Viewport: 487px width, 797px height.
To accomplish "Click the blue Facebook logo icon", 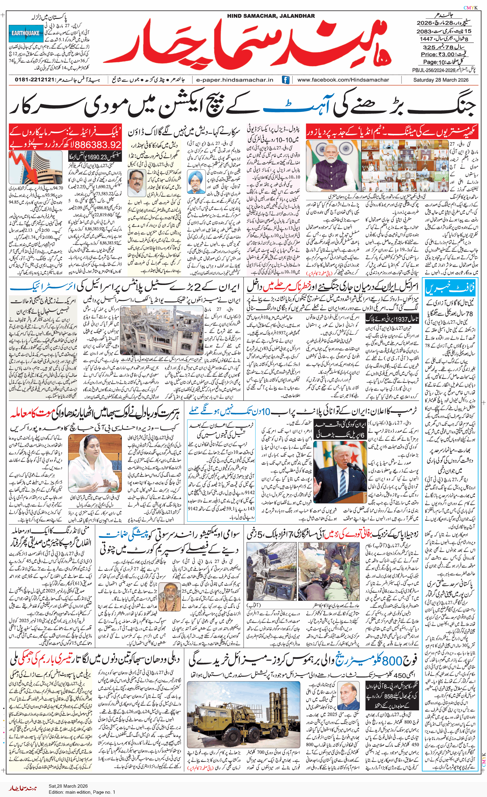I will [285, 79].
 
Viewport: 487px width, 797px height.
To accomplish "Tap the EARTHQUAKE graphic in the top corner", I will [26, 33].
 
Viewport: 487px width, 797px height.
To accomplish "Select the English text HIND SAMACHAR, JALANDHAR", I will [271, 16].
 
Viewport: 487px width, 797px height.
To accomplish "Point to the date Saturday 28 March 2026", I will [441, 79].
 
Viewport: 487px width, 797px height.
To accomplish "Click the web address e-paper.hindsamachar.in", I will [235, 79].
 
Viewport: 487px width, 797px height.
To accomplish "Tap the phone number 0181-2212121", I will [35, 79].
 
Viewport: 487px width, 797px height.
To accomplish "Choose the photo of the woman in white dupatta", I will [95, 463].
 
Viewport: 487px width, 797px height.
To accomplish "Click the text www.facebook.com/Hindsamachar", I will [343, 79].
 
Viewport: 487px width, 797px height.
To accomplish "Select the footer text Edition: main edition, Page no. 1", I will [82, 792].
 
